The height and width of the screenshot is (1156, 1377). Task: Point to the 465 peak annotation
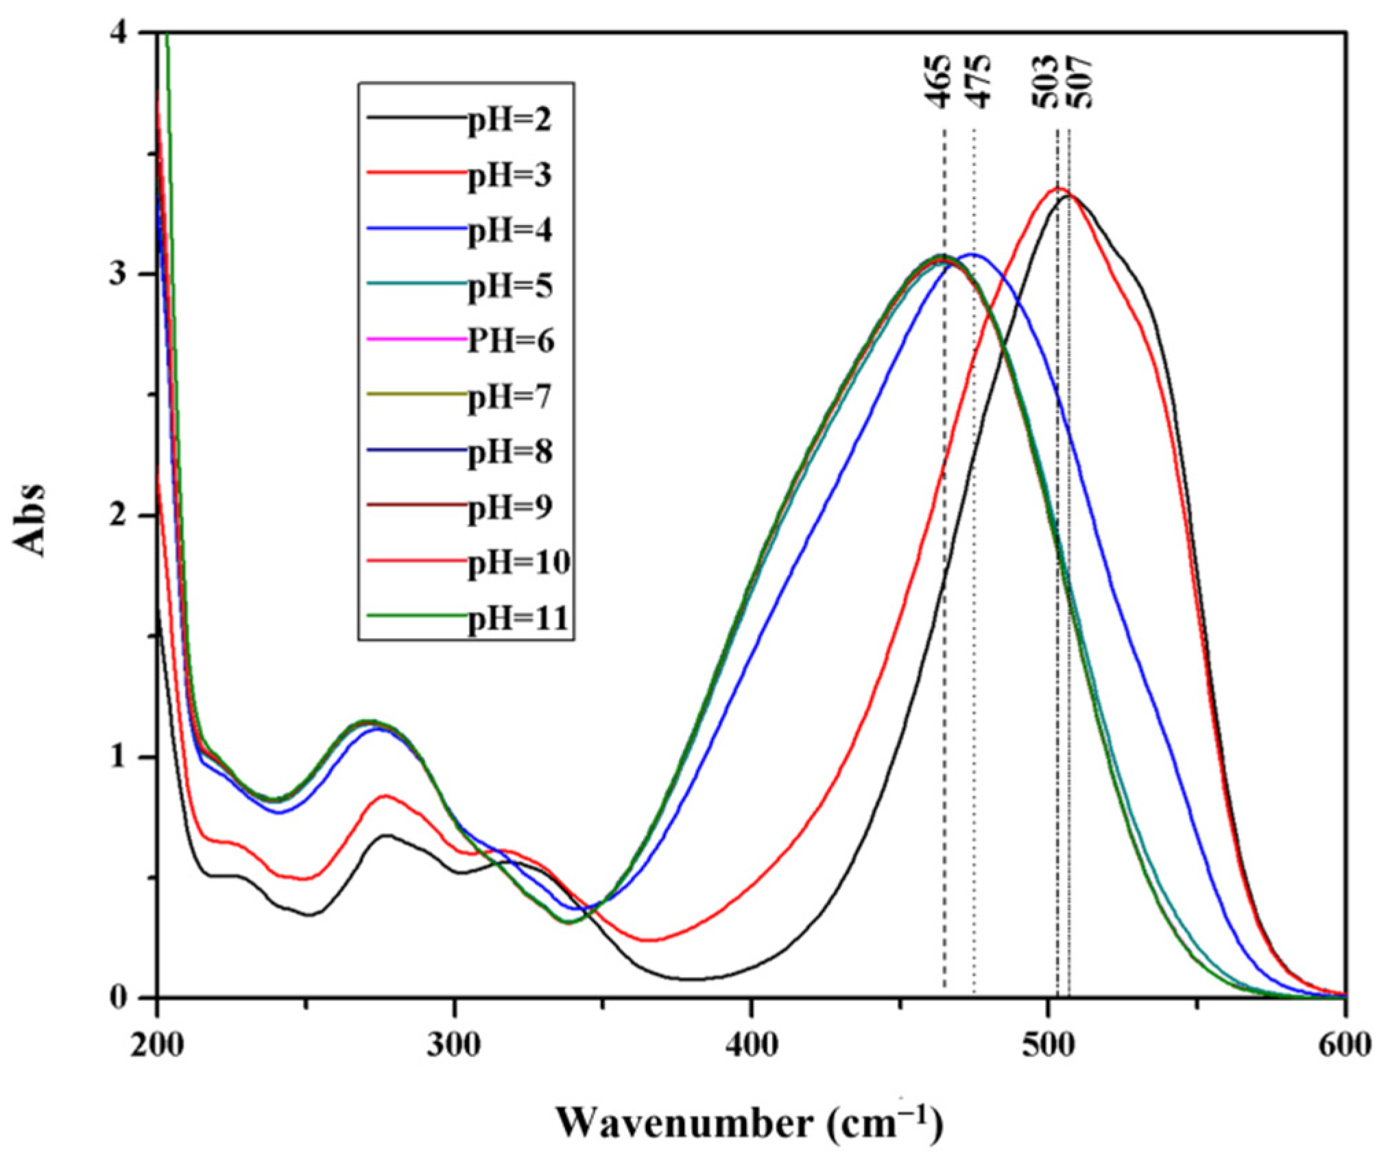click(x=941, y=80)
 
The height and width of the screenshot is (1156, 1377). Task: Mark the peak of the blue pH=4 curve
click(x=972, y=255)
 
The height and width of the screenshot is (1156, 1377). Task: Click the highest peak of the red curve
click(x=1057, y=188)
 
